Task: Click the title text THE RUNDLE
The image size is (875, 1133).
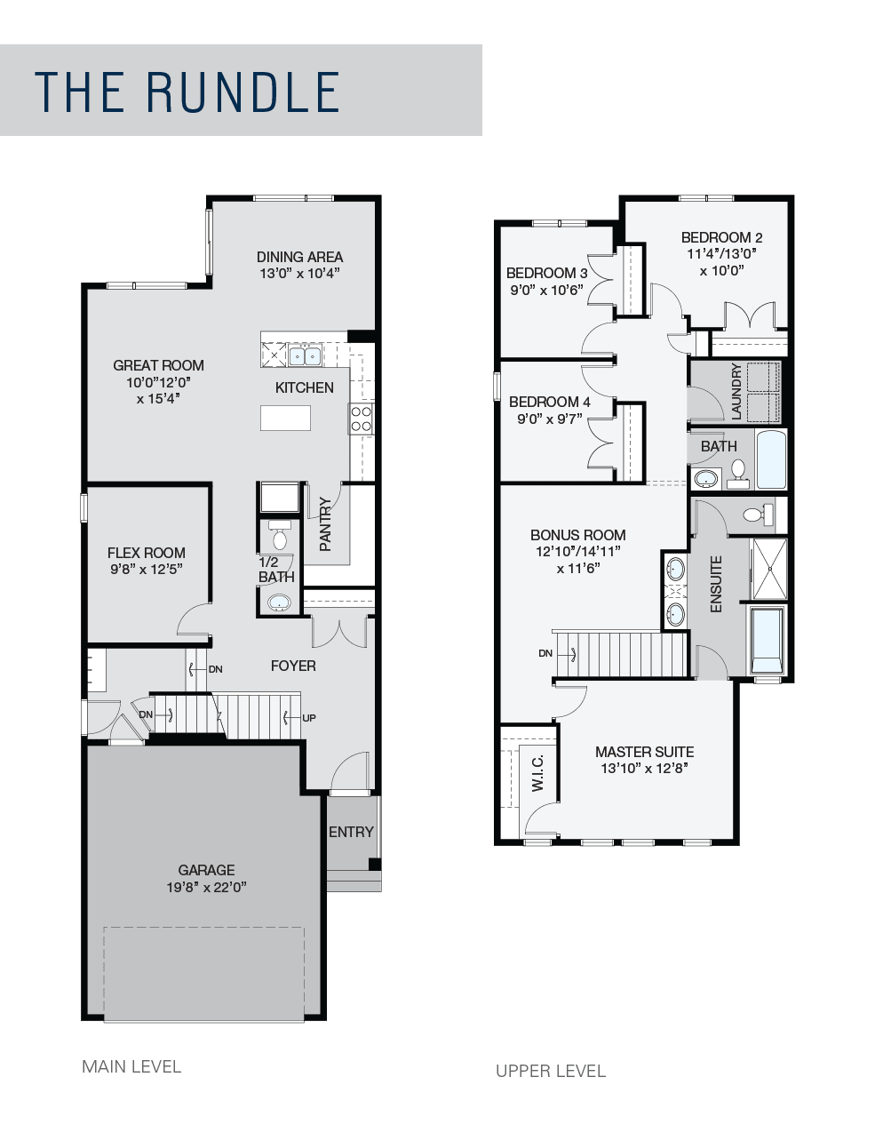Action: (187, 92)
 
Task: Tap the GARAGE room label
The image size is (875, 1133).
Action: (206, 870)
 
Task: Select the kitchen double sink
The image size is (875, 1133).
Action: (305, 356)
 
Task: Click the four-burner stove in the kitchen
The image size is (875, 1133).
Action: (362, 419)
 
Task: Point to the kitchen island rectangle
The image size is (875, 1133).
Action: (285, 419)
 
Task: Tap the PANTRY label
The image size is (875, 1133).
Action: (325, 523)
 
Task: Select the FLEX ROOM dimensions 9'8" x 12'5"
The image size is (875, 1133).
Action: (147, 569)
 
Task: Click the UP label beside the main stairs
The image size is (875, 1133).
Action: (309, 718)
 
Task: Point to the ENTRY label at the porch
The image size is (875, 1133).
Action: (351, 832)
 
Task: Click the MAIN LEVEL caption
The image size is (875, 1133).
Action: (131, 1066)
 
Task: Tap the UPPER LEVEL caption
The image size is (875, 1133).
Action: (551, 1071)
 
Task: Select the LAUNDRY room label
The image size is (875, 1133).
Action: (736, 392)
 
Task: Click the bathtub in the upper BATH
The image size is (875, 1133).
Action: (771, 459)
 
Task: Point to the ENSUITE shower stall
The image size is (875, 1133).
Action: (769, 570)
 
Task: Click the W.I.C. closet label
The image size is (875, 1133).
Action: (537, 773)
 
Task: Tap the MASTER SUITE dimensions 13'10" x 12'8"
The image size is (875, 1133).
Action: (645, 768)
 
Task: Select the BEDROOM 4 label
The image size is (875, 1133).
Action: (550, 402)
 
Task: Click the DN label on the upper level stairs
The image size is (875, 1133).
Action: (545, 653)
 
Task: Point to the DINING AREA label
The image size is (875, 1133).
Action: (299, 257)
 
